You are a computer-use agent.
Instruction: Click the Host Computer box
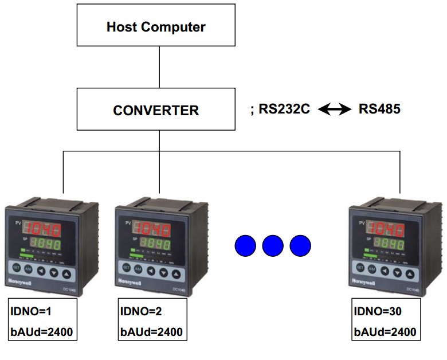[156, 26]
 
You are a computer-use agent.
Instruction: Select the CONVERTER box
[156, 109]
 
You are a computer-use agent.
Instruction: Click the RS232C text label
[284, 109]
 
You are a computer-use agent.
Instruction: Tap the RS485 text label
[379, 109]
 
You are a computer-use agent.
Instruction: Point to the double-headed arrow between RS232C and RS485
[335, 109]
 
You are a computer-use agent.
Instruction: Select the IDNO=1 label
[32, 312]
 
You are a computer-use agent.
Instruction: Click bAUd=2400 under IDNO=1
[42, 331]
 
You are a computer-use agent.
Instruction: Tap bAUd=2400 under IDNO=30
[386, 331]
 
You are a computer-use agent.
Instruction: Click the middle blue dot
[273, 245]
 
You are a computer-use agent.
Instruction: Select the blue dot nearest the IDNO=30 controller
[300, 245]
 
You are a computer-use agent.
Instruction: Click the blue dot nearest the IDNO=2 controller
[245, 245]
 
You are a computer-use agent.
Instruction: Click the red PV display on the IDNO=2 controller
[153, 229]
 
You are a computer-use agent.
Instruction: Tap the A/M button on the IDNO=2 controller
[139, 268]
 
